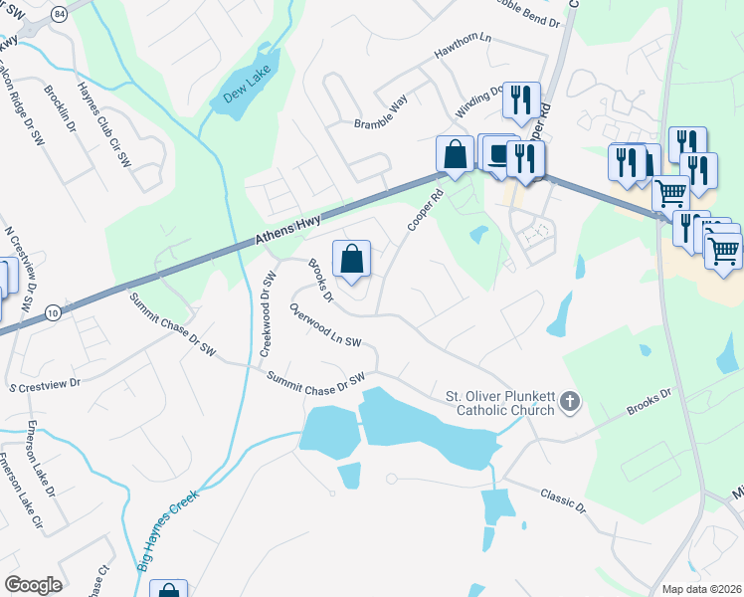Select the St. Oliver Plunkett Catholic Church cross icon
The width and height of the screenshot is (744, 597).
[569, 403]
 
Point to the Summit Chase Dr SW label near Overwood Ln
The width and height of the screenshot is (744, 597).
[316, 378]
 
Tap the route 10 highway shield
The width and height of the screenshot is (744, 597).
[52, 313]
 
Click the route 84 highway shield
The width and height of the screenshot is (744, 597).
[60, 13]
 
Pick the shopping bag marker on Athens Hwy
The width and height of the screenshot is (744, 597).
[455, 154]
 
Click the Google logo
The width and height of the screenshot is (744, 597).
[33, 585]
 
